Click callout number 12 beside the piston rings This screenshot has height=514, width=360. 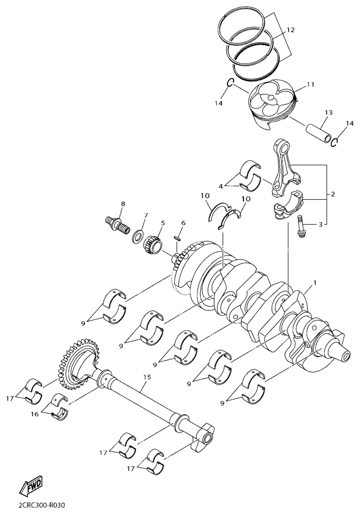tap(290, 30)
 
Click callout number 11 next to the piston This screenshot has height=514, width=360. tap(310, 84)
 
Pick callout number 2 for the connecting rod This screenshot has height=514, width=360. tap(332, 194)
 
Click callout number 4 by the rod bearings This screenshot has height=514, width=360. tap(221, 186)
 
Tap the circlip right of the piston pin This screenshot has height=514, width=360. tap(334, 142)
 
